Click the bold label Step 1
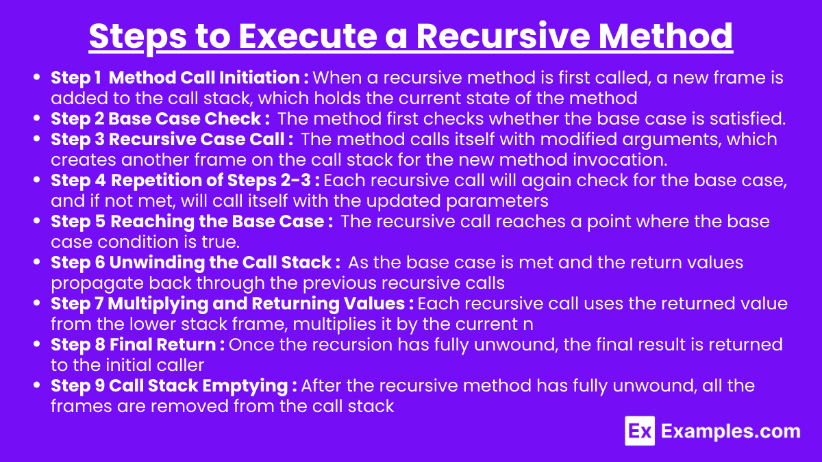point(76,79)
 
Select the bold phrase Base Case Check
point(184,119)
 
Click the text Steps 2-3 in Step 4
point(269,181)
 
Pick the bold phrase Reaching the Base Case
point(217,222)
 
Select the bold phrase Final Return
point(162,345)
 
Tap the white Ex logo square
point(640,431)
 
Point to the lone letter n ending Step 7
point(528,325)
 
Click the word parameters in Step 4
point(497,202)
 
